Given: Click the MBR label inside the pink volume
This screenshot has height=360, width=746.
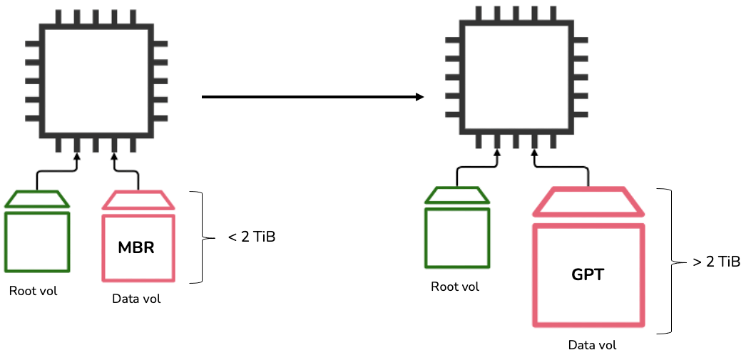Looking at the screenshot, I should pos(136,249).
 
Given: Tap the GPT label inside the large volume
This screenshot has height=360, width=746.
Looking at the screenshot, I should pos(588,274).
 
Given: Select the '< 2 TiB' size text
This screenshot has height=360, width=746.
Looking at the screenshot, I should pos(251,237).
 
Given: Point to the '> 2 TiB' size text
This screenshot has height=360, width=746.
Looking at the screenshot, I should pos(716,262).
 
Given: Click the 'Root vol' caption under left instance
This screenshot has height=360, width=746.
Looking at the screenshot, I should pos(33,291).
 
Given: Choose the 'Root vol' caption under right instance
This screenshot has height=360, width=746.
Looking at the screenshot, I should pos(455,287).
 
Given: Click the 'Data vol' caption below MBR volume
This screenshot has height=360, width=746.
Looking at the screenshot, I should pos(136,299).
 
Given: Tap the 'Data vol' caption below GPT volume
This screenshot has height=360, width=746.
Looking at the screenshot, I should pos(592,345).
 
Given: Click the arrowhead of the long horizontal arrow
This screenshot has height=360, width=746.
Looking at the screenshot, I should pos(420,97).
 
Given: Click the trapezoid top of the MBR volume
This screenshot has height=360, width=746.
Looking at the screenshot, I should pos(138,200).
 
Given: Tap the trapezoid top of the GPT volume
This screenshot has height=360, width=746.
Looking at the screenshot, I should pos(588,202).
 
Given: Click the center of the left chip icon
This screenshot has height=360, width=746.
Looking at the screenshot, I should pos(96,80).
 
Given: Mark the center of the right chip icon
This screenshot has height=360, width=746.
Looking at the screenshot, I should pos(516,76).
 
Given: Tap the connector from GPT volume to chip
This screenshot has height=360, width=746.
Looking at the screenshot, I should pos(563,167).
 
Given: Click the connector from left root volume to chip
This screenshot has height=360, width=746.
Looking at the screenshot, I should pos(53,171).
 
